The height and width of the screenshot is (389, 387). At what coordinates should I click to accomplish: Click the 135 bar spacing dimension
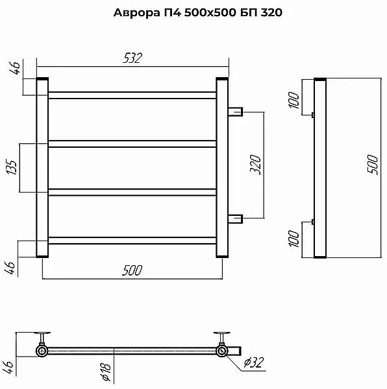(11, 167)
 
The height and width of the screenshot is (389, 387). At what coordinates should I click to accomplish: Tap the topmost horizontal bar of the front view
(132, 95)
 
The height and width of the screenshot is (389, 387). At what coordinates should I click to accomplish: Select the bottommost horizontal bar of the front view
(132, 241)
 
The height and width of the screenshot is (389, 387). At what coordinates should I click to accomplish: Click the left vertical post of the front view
(43, 167)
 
